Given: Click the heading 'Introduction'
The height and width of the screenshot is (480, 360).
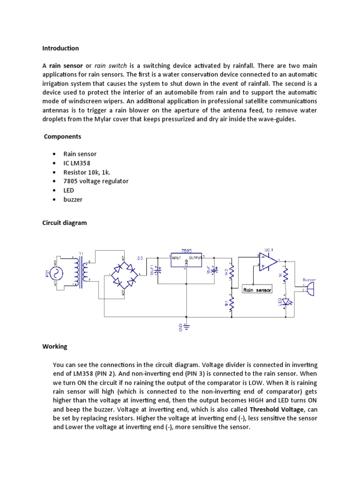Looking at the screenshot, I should (60, 48).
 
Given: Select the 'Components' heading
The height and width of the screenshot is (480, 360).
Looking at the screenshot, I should (62, 136).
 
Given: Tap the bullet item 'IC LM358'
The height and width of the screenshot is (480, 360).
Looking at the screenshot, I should (77, 163).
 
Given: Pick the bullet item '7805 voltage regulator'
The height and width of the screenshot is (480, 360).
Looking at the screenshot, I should (96, 181).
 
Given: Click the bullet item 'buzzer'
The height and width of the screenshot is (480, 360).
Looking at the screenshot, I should (73, 199).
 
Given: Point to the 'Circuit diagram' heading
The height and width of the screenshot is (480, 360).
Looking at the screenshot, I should (65, 223).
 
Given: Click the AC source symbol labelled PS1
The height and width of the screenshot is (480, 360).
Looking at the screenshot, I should (59, 273).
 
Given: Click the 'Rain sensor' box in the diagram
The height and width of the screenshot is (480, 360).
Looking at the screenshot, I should (257, 290).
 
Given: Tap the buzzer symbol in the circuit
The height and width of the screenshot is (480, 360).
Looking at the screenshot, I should (310, 289).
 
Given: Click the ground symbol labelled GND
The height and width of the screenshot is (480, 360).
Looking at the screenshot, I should (186, 325).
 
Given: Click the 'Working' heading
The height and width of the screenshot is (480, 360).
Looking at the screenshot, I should (55, 346).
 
